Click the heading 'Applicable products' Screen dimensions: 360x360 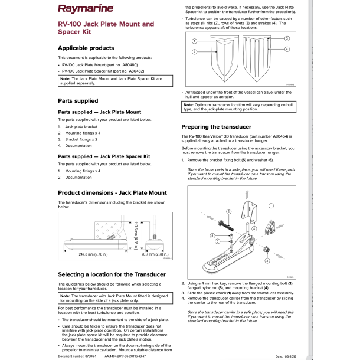(x=86, y=48)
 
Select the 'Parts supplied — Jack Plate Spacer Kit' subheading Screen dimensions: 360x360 (x=104, y=156)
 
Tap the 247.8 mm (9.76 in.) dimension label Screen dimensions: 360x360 (x=93, y=254)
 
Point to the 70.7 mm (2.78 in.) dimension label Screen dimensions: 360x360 (x=152, y=254)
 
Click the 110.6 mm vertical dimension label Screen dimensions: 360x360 (x=135, y=233)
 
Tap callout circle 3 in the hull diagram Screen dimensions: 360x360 (x=287, y=38)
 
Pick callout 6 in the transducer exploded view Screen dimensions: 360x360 (x=217, y=241)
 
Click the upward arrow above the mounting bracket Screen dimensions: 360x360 (x=246, y=195)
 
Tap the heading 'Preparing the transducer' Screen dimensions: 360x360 (x=216, y=127)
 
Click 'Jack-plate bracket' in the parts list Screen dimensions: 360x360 (x=81, y=127)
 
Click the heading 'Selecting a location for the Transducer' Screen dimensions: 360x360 (x=112, y=275)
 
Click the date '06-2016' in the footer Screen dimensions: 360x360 (x=290, y=356)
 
